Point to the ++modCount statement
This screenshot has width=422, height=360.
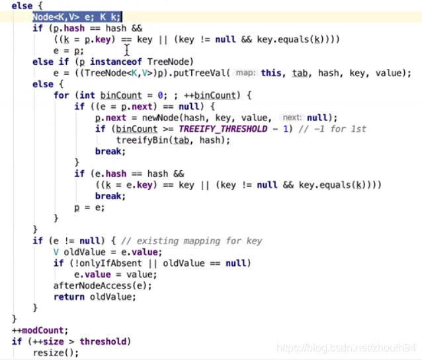(x=40, y=330)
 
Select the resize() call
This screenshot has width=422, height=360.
(x=56, y=353)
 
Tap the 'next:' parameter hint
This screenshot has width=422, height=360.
(x=292, y=118)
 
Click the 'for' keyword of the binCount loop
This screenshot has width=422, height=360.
(x=61, y=95)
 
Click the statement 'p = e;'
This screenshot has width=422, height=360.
(x=89, y=207)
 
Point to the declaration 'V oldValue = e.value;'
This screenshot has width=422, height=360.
(x=107, y=252)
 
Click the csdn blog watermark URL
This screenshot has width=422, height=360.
(x=347, y=348)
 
